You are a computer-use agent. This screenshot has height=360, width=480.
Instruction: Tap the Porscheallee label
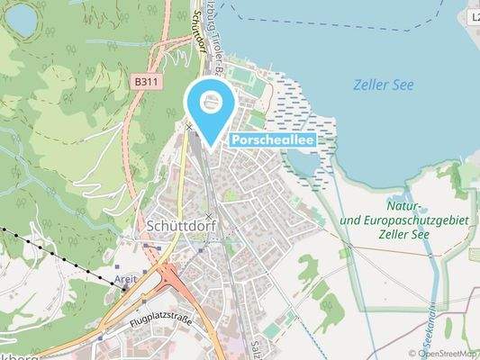[273, 141]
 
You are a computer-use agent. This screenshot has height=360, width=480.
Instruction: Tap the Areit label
[127, 281]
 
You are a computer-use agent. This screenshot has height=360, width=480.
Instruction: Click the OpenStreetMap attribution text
[444, 353]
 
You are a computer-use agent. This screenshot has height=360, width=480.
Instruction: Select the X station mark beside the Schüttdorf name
[210, 217]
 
